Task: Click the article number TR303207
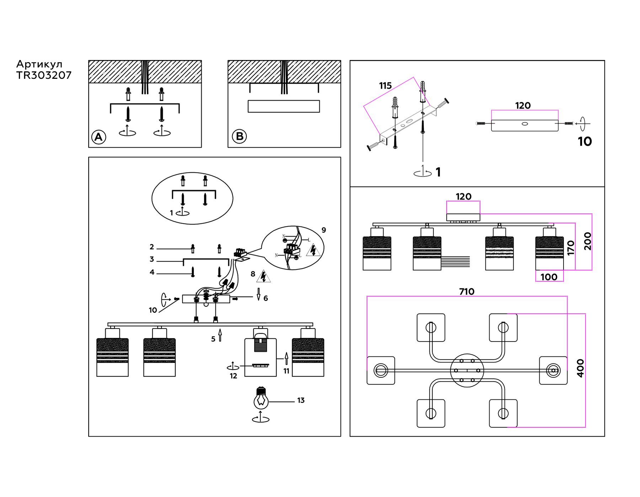coord(44,75)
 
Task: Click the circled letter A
coord(98,137)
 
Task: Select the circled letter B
coord(239,136)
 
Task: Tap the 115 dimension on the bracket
coord(385,86)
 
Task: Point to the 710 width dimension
coord(466,292)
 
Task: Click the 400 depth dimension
coord(580,368)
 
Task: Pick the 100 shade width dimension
coord(549,277)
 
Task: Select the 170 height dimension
coord(571,248)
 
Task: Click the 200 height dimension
coord(587,241)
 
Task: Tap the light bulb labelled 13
coord(261,399)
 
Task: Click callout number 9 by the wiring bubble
coord(324,230)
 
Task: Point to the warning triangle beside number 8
coord(263,276)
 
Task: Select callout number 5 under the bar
coord(213,339)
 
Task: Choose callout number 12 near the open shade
coord(233,376)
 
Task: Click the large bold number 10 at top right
coord(585,142)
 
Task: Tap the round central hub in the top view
coord(467,370)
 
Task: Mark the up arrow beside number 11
coord(287,358)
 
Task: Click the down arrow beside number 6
coord(258,294)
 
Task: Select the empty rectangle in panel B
coord(284,106)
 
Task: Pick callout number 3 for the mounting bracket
coord(152,260)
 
